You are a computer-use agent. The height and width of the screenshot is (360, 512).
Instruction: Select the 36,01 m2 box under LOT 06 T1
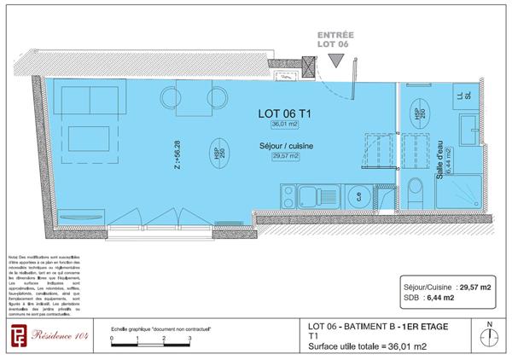coord(285,125)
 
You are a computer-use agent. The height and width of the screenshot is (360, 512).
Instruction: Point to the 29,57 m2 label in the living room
coord(285,157)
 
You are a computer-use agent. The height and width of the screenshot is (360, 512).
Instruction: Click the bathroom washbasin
coord(470,132)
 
